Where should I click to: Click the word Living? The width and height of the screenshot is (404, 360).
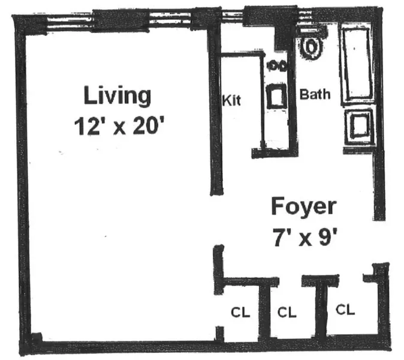[117, 95]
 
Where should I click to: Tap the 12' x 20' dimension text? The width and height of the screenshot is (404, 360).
[117, 127]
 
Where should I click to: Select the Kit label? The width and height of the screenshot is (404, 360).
[231, 100]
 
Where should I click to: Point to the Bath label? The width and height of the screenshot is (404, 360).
[315, 95]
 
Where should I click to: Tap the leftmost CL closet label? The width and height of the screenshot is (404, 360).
[240, 313]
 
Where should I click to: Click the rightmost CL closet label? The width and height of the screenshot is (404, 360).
[345, 310]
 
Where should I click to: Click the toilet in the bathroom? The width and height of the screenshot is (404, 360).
[311, 46]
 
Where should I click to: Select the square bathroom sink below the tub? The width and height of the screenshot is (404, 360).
[358, 127]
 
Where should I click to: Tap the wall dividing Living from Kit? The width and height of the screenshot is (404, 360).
[213, 114]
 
